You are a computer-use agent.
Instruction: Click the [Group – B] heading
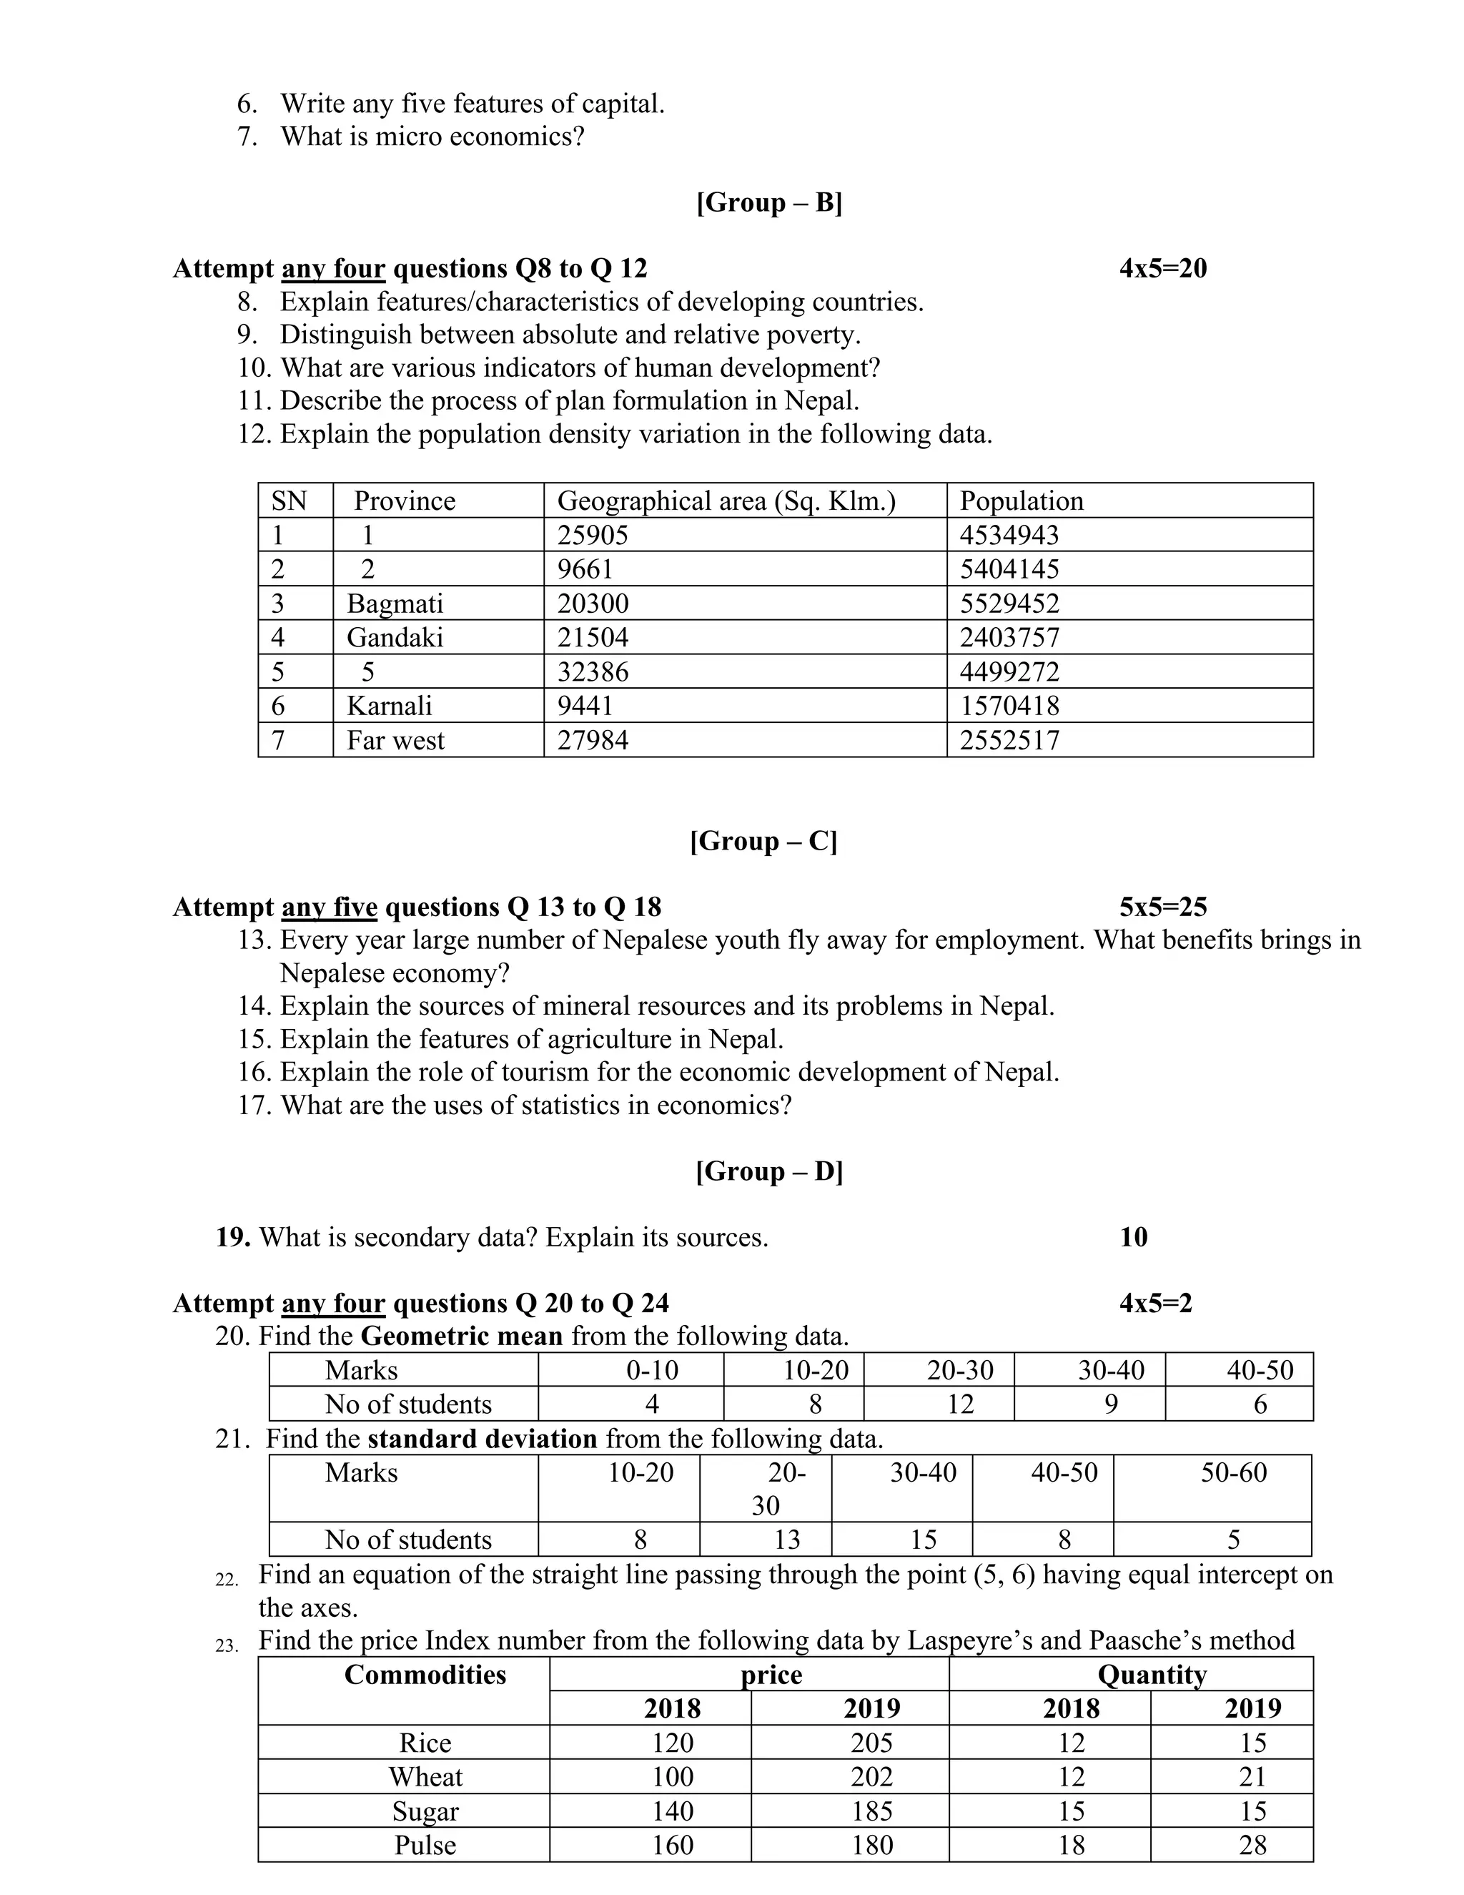pyautogui.click(x=768, y=202)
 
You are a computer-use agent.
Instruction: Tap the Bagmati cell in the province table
pyautogui.click(x=395, y=603)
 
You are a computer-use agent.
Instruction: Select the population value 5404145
pyautogui.click(x=1009, y=569)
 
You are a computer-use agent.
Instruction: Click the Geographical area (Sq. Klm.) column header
pyautogui.click(x=726, y=501)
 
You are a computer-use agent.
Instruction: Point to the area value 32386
pyautogui.click(x=593, y=671)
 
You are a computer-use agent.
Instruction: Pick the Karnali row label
pyautogui.click(x=390, y=705)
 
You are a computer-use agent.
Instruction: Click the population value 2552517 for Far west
pyautogui.click(x=1009, y=740)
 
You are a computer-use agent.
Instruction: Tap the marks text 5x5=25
pyautogui.click(x=1162, y=907)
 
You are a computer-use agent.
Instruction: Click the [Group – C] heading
pyautogui.click(x=763, y=841)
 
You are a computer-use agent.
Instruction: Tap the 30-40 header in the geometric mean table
pyautogui.click(x=1110, y=1370)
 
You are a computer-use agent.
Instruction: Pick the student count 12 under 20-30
pyautogui.click(x=959, y=1404)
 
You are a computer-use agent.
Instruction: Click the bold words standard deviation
pyautogui.click(x=483, y=1439)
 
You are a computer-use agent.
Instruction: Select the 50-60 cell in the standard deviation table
pyautogui.click(x=1232, y=1472)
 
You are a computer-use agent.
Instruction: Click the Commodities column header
pyautogui.click(x=425, y=1675)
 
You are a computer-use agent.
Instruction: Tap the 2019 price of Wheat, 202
pyautogui.click(x=871, y=1777)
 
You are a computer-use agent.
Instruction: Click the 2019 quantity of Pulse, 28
pyautogui.click(x=1252, y=1845)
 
